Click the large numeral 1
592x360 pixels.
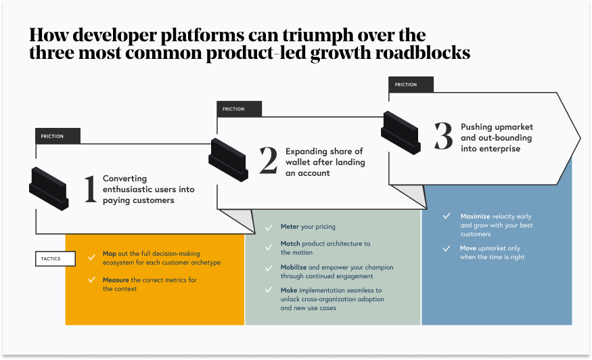90,189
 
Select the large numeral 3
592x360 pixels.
443,136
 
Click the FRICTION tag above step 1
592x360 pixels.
58,136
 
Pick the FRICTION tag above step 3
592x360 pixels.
411,85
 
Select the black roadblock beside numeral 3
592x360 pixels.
401,132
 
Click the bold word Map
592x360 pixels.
110,254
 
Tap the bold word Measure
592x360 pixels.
116,279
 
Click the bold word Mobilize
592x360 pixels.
294,267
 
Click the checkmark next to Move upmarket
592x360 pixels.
446,248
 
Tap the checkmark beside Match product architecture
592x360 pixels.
269,244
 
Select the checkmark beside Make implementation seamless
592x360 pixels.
269,290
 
